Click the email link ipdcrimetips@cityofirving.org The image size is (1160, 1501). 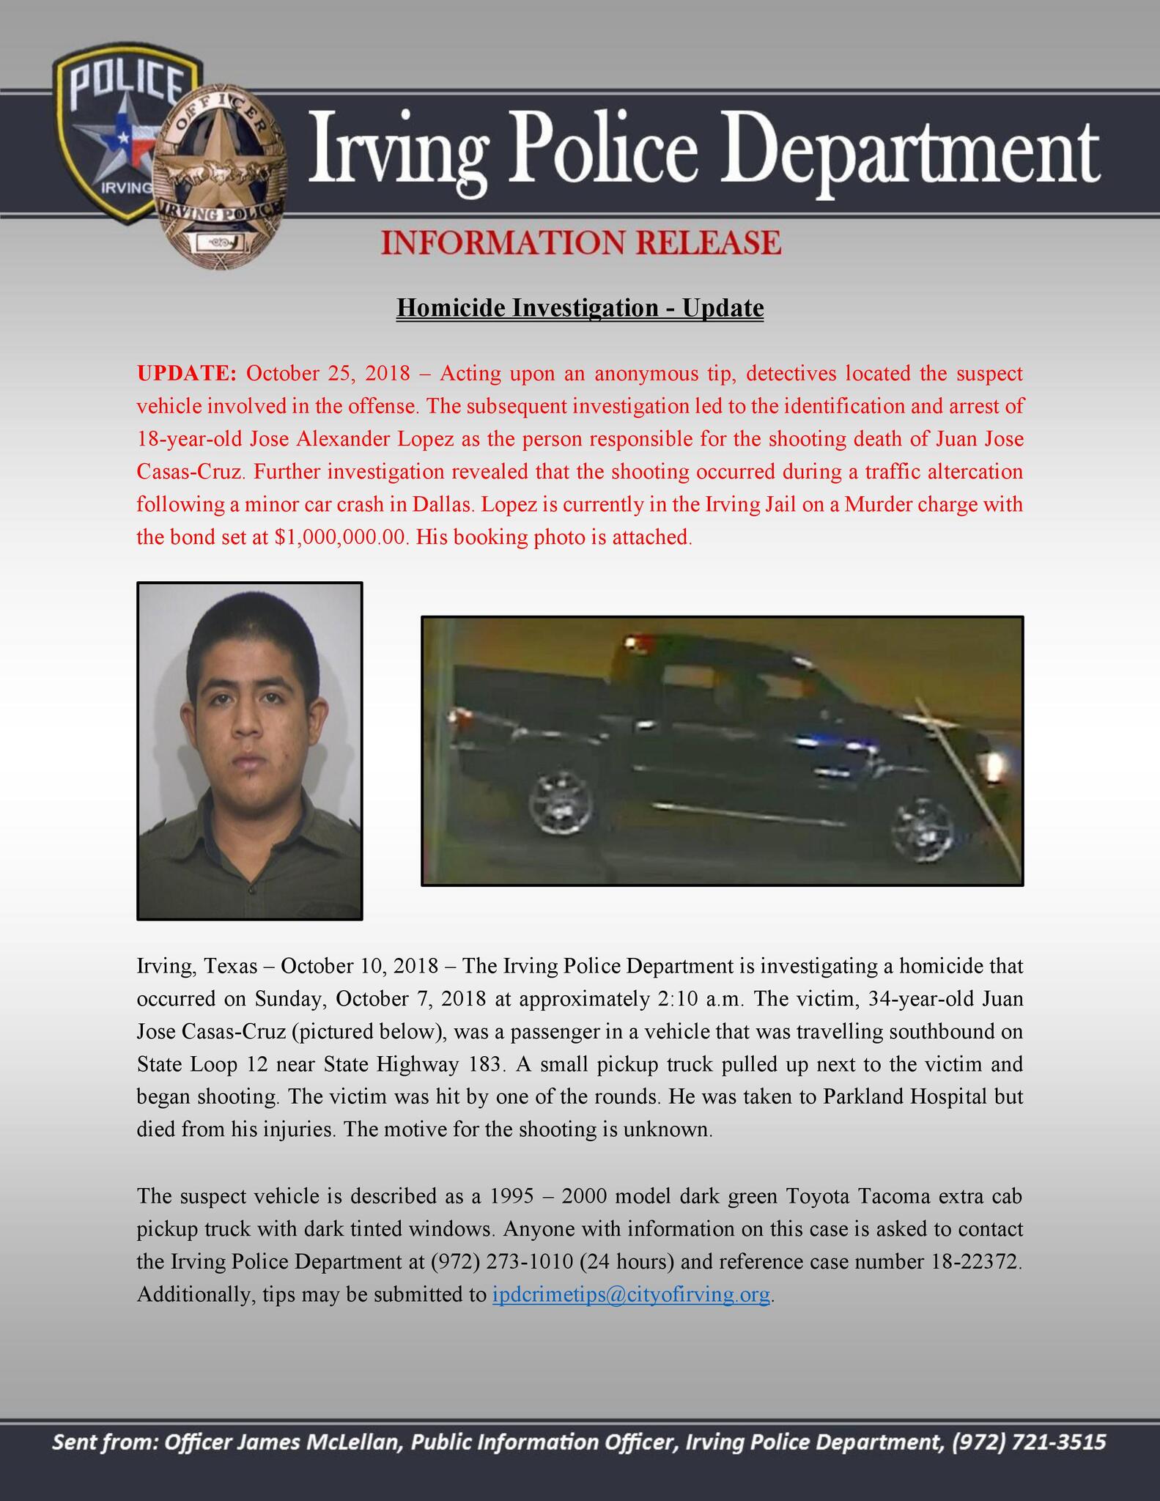click(x=631, y=1295)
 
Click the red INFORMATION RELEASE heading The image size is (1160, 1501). click(x=581, y=243)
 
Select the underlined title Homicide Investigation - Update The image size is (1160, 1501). click(x=580, y=308)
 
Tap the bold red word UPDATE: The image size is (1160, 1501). click(x=186, y=373)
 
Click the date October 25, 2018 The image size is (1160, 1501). click(x=328, y=373)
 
